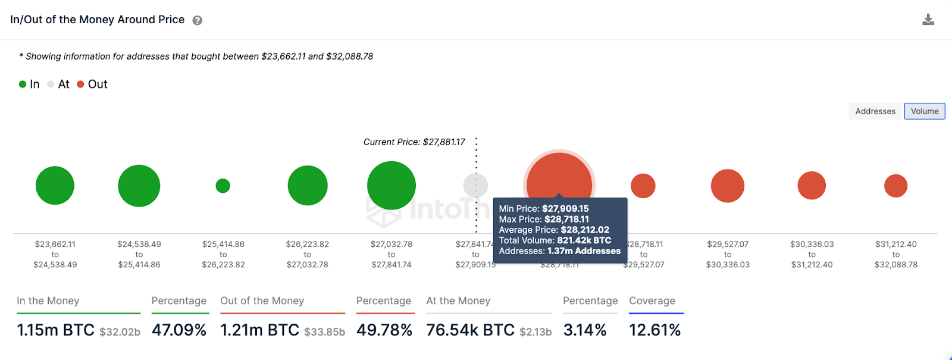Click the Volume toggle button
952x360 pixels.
924,111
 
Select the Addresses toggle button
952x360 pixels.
875,111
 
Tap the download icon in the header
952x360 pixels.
928,20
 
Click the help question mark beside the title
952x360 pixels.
198,20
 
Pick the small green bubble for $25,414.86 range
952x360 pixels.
223,186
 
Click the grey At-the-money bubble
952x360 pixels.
475,186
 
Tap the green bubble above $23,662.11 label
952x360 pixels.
55,186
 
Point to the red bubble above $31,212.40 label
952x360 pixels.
895,186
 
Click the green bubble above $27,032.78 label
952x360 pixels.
391,186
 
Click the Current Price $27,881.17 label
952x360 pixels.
414,142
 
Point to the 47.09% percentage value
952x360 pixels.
179,330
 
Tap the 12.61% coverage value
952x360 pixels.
654,330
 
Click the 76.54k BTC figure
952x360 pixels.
470,330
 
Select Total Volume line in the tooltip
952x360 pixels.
555,240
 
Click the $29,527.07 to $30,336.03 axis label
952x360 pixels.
728,254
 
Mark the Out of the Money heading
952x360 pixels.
262,301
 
